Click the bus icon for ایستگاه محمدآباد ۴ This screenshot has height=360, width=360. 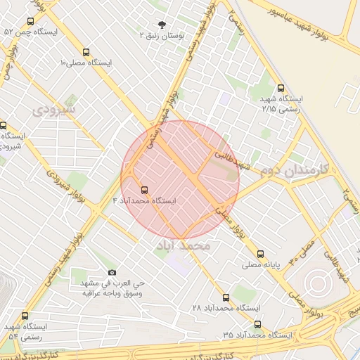[144, 189]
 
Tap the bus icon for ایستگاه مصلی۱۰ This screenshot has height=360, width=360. [86, 52]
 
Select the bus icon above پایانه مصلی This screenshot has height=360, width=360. [261, 254]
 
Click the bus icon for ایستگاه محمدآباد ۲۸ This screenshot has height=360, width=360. [226, 297]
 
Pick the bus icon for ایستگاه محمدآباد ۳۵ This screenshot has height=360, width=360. [257, 325]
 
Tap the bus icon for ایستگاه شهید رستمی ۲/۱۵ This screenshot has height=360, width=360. [281, 89]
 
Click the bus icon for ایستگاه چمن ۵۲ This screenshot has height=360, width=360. [30, 22]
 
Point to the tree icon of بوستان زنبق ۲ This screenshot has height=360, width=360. [162, 24]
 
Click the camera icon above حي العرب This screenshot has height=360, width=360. [112, 272]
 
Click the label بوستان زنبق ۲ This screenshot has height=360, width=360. [162, 34]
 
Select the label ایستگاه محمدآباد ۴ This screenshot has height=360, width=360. [145, 201]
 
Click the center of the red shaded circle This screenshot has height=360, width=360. [180, 179]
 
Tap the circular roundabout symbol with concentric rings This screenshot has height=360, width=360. [317, 283]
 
